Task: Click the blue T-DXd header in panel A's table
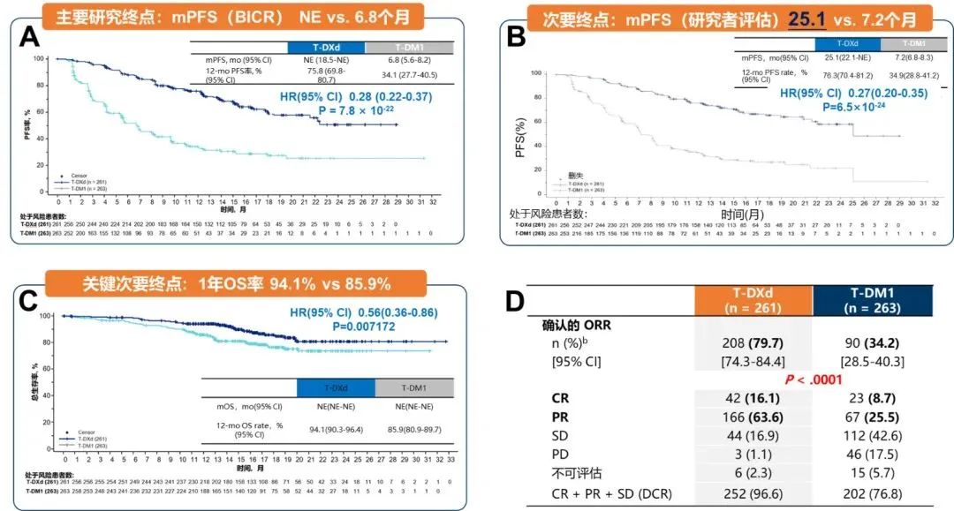[x=325, y=47]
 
